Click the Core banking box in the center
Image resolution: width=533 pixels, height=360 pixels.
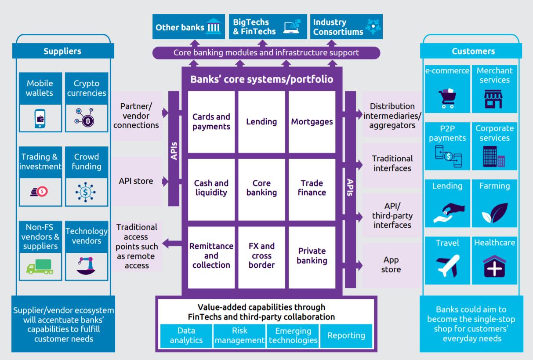(x=261, y=187)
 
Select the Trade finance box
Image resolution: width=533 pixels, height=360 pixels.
(x=312, y=187)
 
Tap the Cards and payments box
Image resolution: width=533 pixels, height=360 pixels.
(x=211, y=121)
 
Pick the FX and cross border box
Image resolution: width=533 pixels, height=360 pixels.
(x=261, y=255)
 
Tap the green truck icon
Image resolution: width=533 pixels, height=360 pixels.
(x=40, y=266)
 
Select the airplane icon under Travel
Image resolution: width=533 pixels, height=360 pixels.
(x=447, y=266)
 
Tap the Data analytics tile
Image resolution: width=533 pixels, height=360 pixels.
(x=186, y=335)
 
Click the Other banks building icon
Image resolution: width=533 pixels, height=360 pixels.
(x=214, y=27)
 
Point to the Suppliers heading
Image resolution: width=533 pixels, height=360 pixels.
(x=62, y=51)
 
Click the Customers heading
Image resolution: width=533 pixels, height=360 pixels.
(x=473, y=51)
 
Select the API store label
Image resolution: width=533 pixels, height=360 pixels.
(x=136, y=181)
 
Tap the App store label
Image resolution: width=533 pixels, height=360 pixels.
(x=391, y=265)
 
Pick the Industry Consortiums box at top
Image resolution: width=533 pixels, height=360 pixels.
(x=346, y=27)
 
